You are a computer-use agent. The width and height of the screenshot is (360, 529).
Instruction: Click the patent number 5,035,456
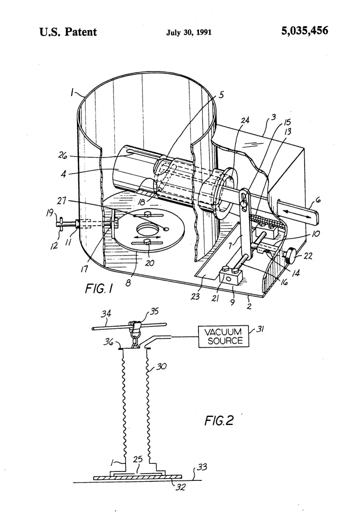pos(304,31)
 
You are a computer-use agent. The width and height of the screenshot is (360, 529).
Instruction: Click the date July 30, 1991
pos(189,32)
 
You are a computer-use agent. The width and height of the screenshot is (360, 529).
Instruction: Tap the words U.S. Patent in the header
pos(68,31)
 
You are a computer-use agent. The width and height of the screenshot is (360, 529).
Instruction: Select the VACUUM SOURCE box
pos(223,336)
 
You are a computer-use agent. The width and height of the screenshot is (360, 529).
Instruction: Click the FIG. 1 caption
pos(99,289)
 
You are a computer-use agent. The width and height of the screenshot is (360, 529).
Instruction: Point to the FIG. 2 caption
pos(219,420)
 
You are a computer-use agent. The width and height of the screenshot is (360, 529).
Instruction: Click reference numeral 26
pos(63,156)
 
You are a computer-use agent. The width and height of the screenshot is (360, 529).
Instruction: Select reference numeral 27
pos(61,201)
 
